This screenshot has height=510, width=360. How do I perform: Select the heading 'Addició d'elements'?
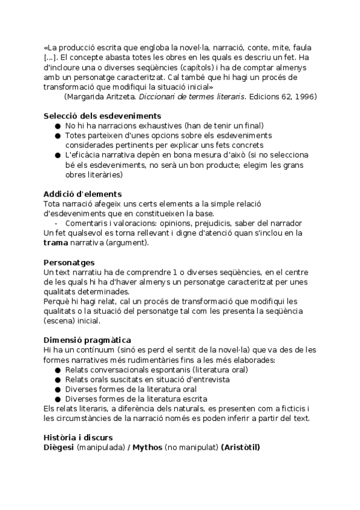[x=82, y=194]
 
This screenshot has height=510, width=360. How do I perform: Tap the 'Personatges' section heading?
[x=69, y=263]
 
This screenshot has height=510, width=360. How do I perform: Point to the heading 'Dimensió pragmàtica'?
[x=87, y=340]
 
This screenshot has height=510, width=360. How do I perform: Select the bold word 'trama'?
[x=56, y=243]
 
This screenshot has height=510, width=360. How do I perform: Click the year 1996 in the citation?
[x=307, y=97]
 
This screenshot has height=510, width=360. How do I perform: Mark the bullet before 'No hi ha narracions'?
[x=58, y=126]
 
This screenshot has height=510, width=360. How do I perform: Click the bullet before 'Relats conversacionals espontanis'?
[x=58, y=370]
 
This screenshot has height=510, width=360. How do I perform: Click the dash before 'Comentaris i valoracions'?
[x=56, y=223]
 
